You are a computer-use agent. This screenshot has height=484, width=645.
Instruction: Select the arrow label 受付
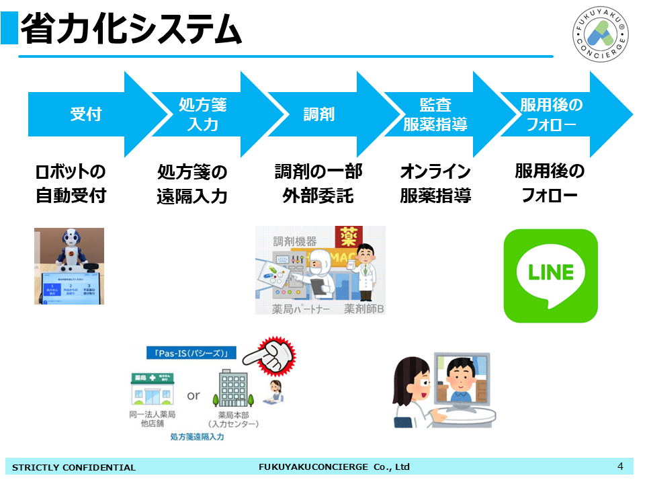tap(86, 114)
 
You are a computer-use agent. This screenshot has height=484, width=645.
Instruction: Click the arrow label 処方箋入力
tap(202, 114)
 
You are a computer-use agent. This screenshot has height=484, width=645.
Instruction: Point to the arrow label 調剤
tap(318, 114)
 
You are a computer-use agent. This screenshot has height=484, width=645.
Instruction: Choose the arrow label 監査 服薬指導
tap(435, 114)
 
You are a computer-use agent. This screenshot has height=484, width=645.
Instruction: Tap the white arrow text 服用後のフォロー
tap(551, 114)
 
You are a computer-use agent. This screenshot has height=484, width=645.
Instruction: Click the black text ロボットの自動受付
tap(71, 184)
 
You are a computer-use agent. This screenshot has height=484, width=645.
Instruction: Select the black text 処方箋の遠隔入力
tap(192, 184)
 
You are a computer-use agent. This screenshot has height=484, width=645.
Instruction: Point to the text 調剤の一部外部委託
tap(318, 184)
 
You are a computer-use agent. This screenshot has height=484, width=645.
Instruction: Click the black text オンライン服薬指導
tap(435, 184)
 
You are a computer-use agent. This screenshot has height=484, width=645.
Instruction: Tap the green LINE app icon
tap(551, 276)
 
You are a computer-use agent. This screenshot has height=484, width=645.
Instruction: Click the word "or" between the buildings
tap(193, 395)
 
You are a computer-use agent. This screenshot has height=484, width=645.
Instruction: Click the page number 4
tap(620, 467)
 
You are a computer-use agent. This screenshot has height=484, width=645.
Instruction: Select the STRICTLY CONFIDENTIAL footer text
tap(74, 467)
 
